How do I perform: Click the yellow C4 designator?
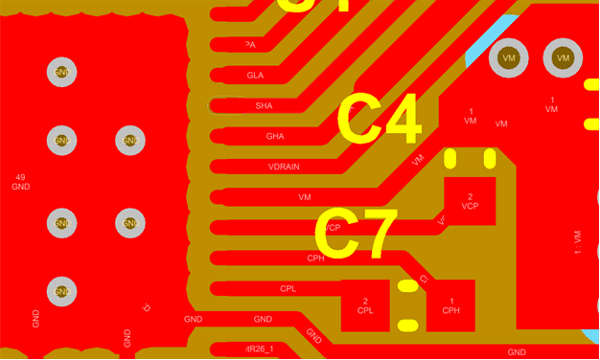point(378,120)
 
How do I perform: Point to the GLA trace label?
point(255,75)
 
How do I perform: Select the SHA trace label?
point(264,105)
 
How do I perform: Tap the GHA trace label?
point(275,136)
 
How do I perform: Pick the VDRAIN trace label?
point(284,167)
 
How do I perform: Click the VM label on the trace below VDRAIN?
point(305,197)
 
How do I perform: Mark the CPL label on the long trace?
point(288,288)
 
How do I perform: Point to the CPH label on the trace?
point(315,258)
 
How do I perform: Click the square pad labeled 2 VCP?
point(470,201)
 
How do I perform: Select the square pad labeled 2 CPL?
point(365,305)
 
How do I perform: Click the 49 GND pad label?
point(21,182)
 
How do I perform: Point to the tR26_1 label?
point(260,349)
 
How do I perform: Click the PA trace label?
point(250,45)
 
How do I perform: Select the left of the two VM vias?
point(508,58)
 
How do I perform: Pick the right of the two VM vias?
point(563,58)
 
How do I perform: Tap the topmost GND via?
point(62,72)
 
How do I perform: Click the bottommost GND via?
point(62,290)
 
